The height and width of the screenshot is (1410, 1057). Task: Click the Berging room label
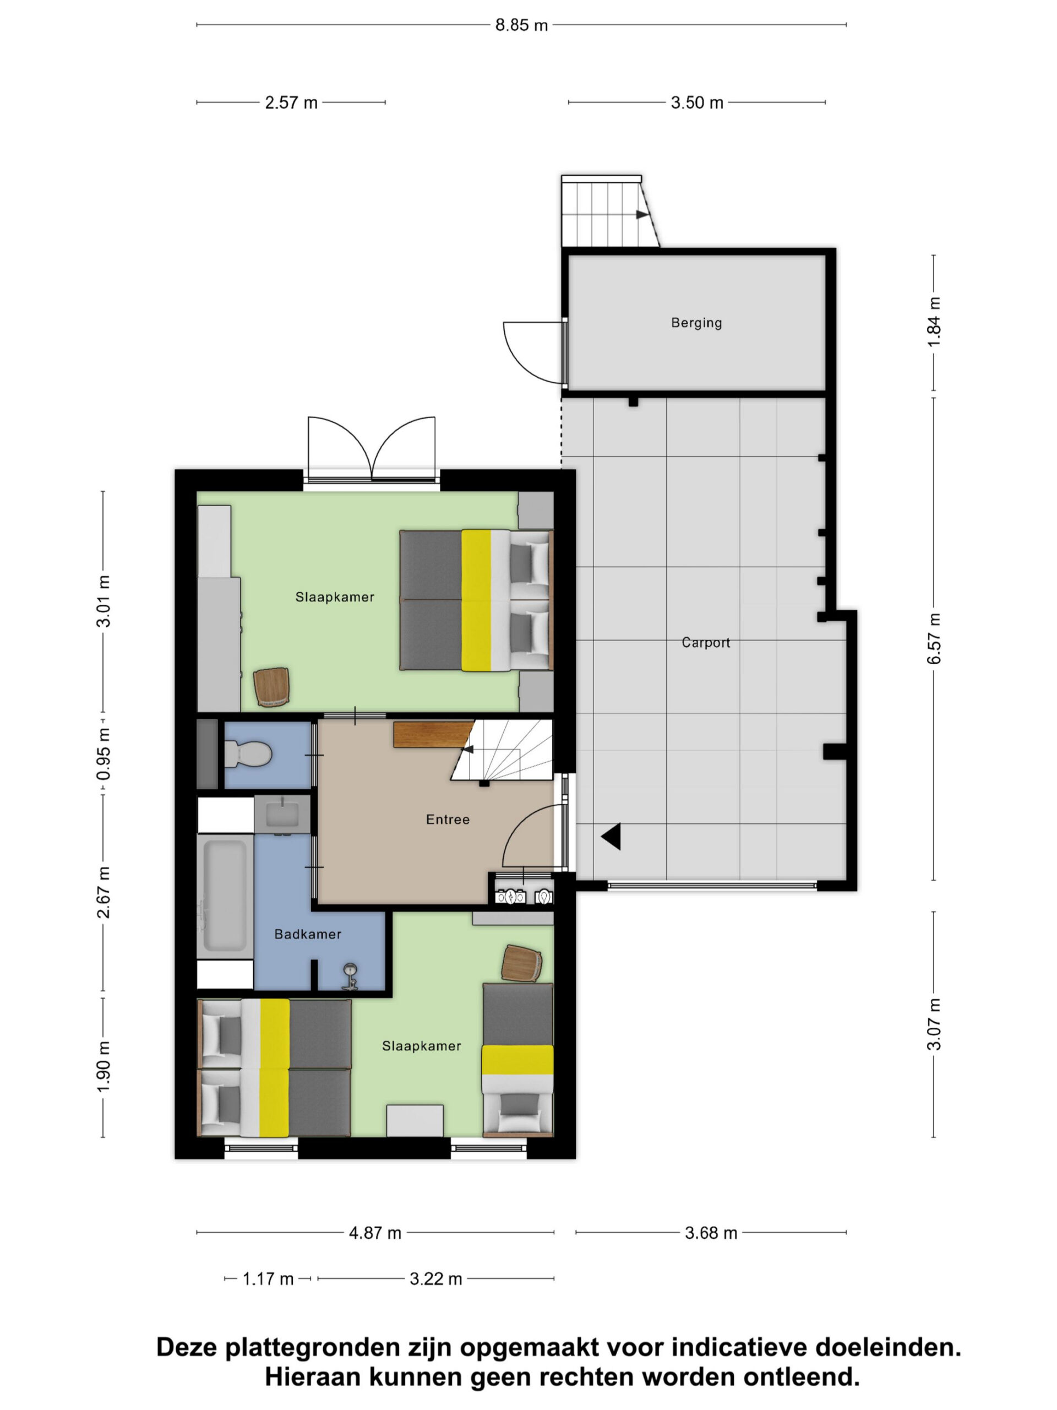(696, 323)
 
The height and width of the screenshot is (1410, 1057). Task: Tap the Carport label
(706, 643)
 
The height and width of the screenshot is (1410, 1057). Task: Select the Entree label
(448, 820)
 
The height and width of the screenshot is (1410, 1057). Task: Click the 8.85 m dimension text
(521, 25)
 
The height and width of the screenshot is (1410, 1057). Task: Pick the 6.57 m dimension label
(933, 639)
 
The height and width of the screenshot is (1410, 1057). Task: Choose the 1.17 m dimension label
(268, 1279)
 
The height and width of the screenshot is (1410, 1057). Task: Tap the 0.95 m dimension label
(103, 754)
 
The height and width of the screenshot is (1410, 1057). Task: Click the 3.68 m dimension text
(711, 1233)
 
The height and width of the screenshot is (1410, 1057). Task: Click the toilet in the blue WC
(248, 754)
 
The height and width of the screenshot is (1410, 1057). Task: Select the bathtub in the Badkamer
(224, 895)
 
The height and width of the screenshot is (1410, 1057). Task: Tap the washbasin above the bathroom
(282, 815)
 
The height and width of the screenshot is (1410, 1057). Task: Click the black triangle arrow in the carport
(611, 836)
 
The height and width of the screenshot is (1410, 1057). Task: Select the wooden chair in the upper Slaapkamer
(271, 687)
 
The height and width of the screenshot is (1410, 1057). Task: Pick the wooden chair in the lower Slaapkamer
(522, 964)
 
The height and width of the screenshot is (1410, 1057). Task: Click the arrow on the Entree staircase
(468, 749)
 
